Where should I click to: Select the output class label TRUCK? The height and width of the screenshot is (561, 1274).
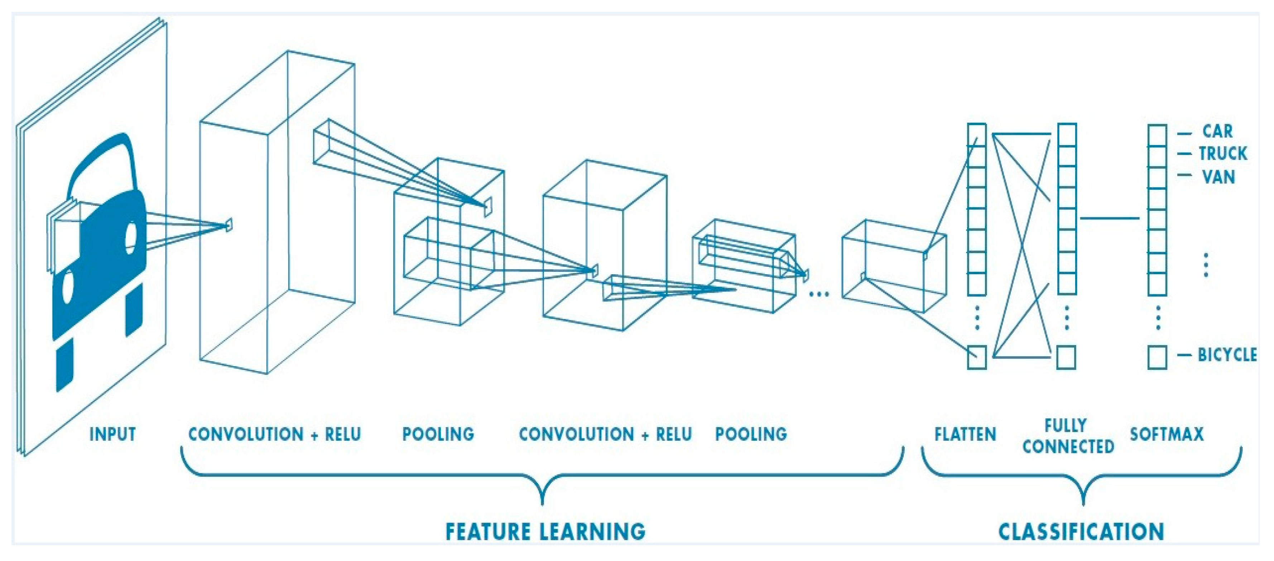[1222, 154]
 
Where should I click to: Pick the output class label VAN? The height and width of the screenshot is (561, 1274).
[1218, 176]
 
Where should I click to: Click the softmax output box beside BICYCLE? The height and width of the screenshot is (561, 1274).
[1157, 357]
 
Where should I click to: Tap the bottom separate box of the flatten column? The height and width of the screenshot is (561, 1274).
[977, 357]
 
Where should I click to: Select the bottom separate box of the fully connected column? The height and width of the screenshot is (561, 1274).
[1066, 357]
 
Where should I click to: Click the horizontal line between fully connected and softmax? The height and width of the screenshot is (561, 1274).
[1109, 218]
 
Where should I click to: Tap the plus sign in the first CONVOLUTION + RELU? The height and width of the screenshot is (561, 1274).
[314, 435]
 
